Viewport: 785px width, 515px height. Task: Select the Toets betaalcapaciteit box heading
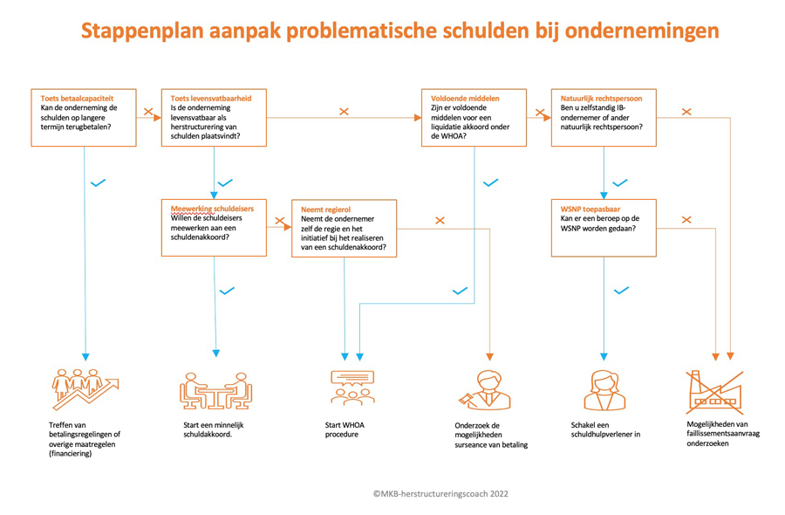pyautogui.click(x=77, y=99)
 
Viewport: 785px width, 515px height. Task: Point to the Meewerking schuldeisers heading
pyautogui.click(x=208, y=209)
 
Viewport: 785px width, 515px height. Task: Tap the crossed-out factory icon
pyautogui.click(x=715, y=393)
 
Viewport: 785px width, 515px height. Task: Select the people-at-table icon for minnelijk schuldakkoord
pyautogui.click(x=215, y=390)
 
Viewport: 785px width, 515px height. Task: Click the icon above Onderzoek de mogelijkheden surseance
pyautogui.click(x=483, y=390)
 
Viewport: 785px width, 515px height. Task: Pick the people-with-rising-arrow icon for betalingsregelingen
pyautogui.click(x=85, y=390)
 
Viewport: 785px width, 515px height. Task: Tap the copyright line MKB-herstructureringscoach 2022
pyautogui.click(x=440, y=493)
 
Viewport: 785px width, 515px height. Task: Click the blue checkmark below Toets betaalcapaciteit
pyautogui.click(x=98, y=182)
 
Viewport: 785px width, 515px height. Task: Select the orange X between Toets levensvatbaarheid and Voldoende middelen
pyautogui.click(x=344, y=112)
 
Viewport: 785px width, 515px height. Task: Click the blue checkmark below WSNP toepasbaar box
pyautogui.click(x=621, y=291)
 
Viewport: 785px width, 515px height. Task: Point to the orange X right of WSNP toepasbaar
pyautogui.click(x=686, y=219)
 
